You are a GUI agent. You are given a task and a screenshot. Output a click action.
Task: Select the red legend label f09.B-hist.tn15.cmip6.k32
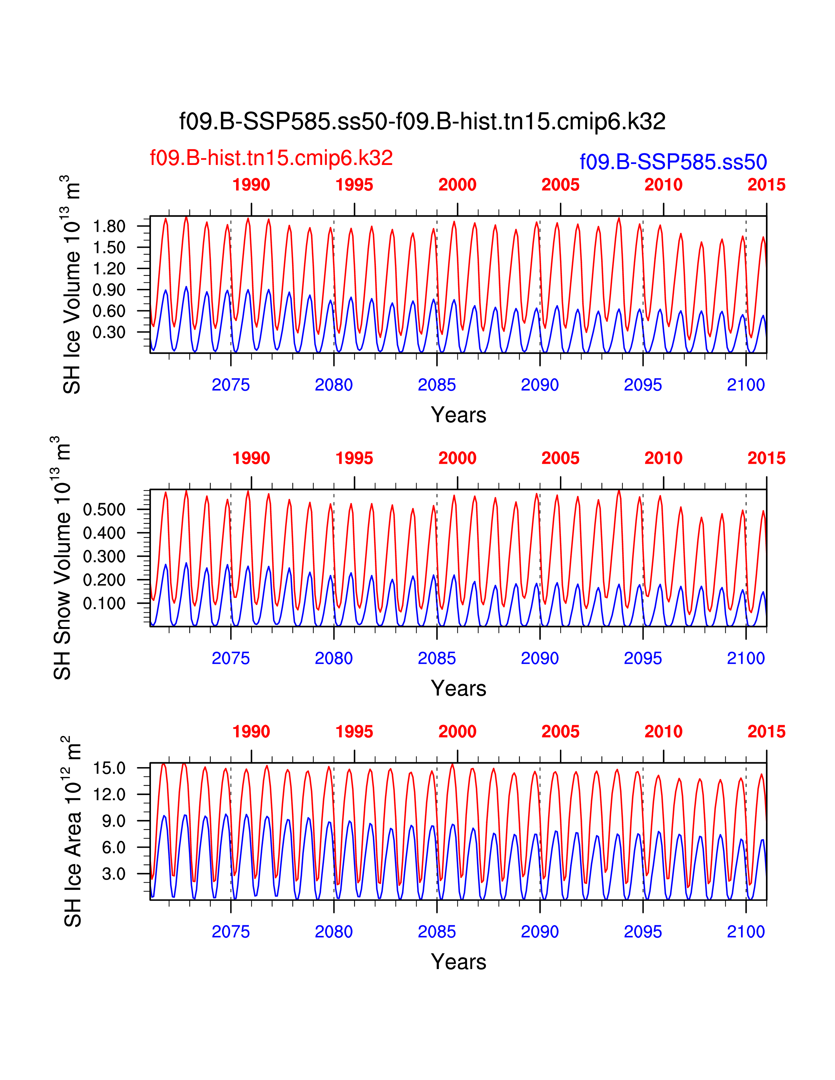[x=271, y=158]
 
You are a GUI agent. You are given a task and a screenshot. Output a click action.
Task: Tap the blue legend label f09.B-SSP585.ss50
[x=673, y=162]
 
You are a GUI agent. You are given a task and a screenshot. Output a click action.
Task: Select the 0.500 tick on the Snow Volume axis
[x=104, y=509]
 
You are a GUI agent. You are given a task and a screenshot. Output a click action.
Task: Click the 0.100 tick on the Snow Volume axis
[x=104, y=603]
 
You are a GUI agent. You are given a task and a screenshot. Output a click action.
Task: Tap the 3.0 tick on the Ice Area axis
[x=113, y=874]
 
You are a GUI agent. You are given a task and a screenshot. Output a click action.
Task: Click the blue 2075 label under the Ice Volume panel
[x=231, y=385]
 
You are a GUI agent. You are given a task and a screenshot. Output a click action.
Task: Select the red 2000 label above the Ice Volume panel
[x=457, y=185]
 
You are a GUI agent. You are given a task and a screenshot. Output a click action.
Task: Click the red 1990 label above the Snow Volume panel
[x=251, y=458]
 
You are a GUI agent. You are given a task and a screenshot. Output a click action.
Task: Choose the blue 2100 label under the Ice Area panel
[x=746, y=932]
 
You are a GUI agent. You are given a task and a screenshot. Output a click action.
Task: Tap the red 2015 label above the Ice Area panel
[x=766, y=731]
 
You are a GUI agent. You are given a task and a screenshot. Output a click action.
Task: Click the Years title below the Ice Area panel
[x=458, y=962]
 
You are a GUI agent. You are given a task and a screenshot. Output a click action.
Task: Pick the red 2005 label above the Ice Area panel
[x=561, y=731]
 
